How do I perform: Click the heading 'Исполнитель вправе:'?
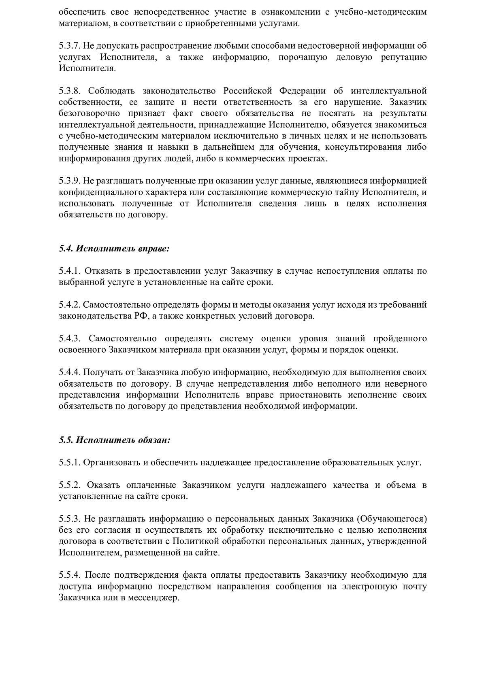(x=123, y=249)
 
